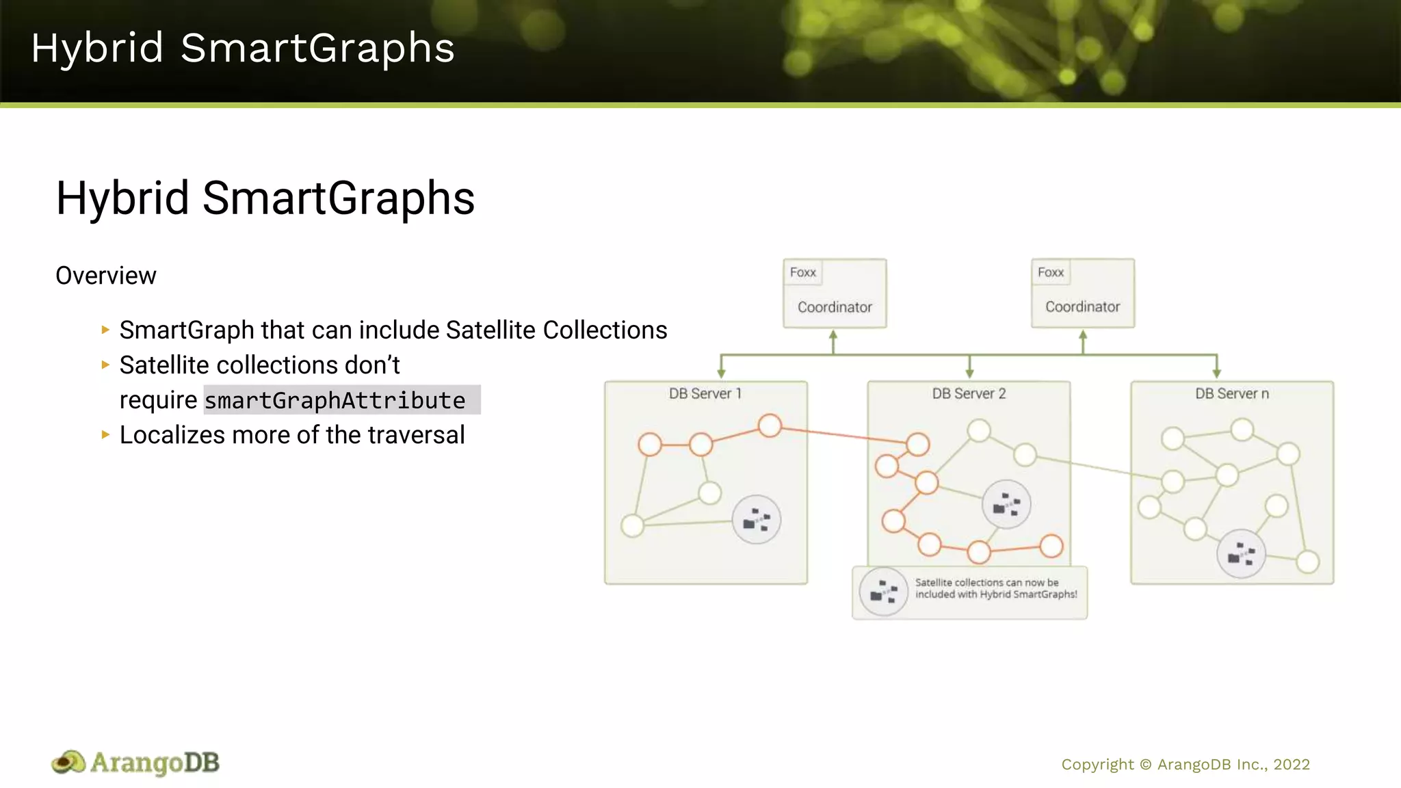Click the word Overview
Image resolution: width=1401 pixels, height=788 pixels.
point(105,276)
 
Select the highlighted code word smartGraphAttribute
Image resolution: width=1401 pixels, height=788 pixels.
point(335,400)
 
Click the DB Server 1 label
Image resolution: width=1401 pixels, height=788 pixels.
point(705,394)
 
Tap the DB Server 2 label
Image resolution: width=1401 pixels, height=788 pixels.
point(969,394)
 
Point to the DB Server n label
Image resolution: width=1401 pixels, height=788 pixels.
point(1231,394)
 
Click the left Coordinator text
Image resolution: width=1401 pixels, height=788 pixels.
point(835,307)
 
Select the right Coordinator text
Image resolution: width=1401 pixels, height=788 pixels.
point(1082,307)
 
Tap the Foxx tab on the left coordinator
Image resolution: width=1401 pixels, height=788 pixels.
point(802,272)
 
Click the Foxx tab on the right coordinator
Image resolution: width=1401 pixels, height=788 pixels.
point(1050,272)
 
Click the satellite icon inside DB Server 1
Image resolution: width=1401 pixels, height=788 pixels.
point(756,520)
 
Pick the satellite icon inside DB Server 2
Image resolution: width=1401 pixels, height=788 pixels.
point(1006,505)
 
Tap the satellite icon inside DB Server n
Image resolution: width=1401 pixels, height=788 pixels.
point(1240,553)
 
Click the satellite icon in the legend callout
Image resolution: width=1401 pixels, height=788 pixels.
point(883,592)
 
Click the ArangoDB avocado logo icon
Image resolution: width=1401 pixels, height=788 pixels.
point(68,763)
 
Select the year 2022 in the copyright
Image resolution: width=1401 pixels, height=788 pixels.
point(1291,765)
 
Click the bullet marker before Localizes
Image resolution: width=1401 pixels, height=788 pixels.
point(105,434)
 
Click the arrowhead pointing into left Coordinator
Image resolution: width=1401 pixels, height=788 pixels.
point(833,335)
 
